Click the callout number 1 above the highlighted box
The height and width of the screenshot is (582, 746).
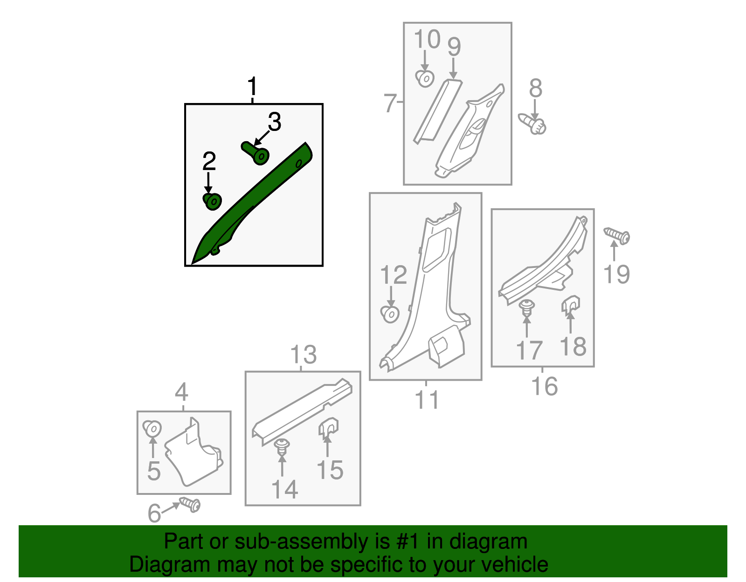(252, 86)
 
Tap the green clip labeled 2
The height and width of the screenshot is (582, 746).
(212, 201)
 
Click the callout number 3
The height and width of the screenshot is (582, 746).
(274, 122)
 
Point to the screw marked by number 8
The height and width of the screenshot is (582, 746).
(532, 124)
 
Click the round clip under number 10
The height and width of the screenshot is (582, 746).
(425, 79)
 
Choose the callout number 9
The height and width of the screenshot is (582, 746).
(454, 47)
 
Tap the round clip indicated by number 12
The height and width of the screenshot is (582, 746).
(390, 314)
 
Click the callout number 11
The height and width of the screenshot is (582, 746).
(427, 400)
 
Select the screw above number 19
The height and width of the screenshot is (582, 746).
(616, 236)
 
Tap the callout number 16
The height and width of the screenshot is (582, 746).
(545, 386)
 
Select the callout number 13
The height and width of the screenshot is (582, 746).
(304, 355)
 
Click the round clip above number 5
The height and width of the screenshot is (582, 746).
(152, 429)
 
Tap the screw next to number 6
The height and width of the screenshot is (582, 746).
(190, 505)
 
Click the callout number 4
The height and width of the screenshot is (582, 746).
(182, 392)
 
